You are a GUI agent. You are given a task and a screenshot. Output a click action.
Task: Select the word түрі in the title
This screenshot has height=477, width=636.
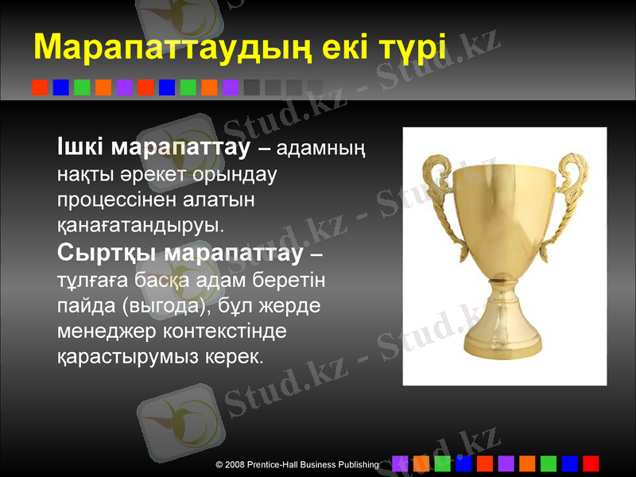pos(412,48)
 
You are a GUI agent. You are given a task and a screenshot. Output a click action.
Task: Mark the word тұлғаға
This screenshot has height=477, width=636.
pos(90,280)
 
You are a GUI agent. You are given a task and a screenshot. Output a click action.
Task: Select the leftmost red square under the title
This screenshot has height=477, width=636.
pos(40,87)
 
